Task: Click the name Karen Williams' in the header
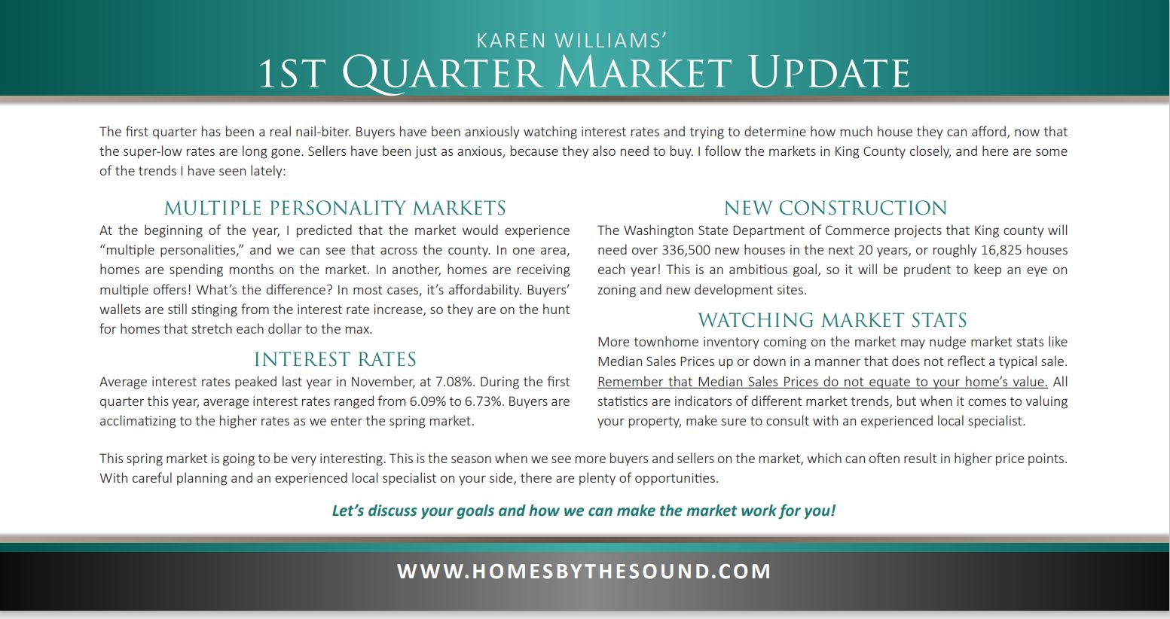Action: tap(571, 41)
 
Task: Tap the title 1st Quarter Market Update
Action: tap(585, 74)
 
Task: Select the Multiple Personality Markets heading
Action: tap(335, 208)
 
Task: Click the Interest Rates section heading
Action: tap(335, 359)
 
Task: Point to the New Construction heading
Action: tap(835, 208)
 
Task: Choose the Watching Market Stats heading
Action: tap(832, 319)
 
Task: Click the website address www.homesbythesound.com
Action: tap(584, 571)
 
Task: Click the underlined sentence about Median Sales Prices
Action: tap(823, 382)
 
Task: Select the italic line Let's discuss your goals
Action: tap(584, 511)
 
